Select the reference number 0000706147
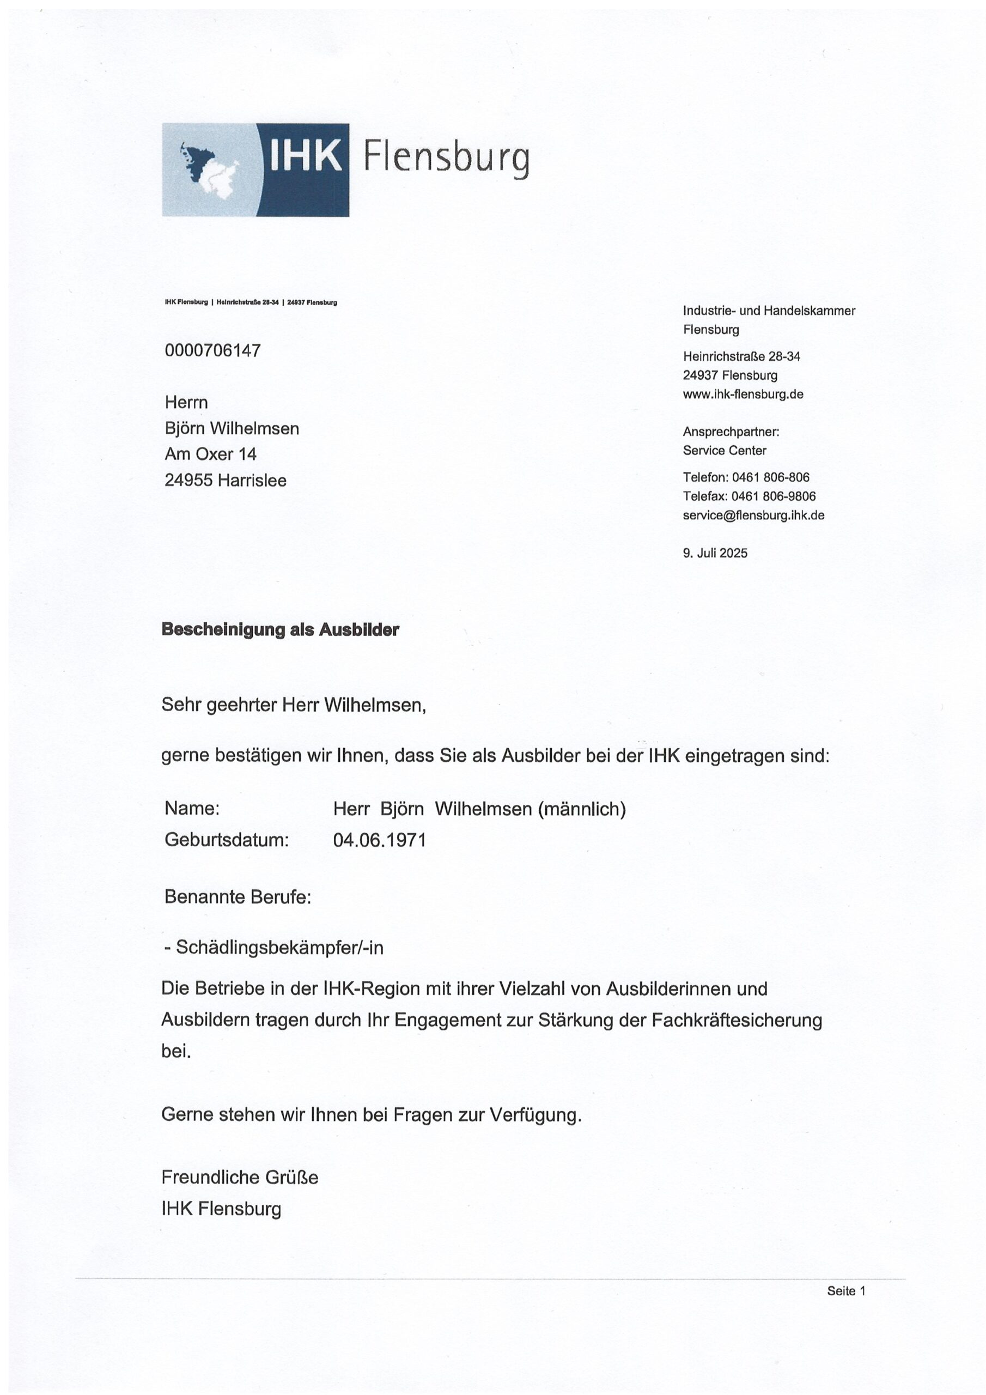212,350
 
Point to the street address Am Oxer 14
210,454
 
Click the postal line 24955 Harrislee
226,481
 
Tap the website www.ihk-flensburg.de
742,395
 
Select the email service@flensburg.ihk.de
753,515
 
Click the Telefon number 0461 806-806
771,477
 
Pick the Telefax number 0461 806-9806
774,496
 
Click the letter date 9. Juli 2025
715,553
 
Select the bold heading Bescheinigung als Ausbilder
280,629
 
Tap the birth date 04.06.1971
380,840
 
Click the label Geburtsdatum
226,840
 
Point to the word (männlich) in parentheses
581,809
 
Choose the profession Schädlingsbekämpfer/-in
279,948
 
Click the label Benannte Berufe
238,897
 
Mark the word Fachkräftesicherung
737,1020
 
